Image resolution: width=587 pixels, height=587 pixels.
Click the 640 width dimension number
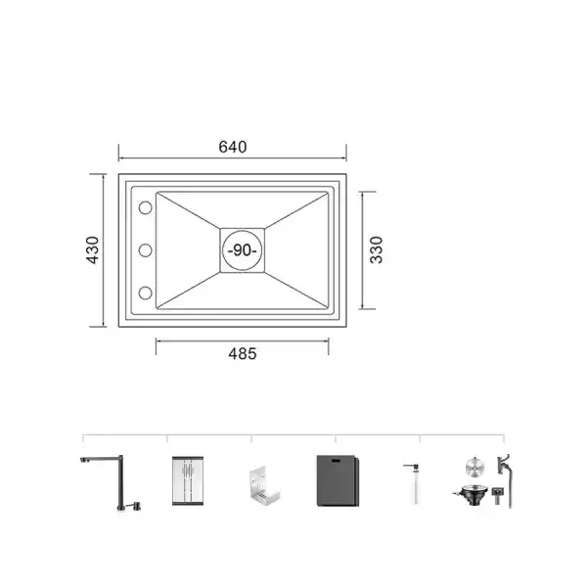click(x=232, y=147)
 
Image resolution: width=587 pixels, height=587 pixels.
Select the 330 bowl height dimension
click(x=376, y=249)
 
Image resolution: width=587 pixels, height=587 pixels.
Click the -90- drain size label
click(x=242, y=250)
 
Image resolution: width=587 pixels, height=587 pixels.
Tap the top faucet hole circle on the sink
click(x=144, y=208)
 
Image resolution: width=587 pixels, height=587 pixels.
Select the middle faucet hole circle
click(x=144, y=250)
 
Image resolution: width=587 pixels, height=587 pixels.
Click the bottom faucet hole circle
click(x=144, y=292)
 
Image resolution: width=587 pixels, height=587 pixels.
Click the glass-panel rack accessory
click(x=189, y=481)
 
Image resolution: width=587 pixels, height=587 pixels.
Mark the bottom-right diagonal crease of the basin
click(x=297, y=291)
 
